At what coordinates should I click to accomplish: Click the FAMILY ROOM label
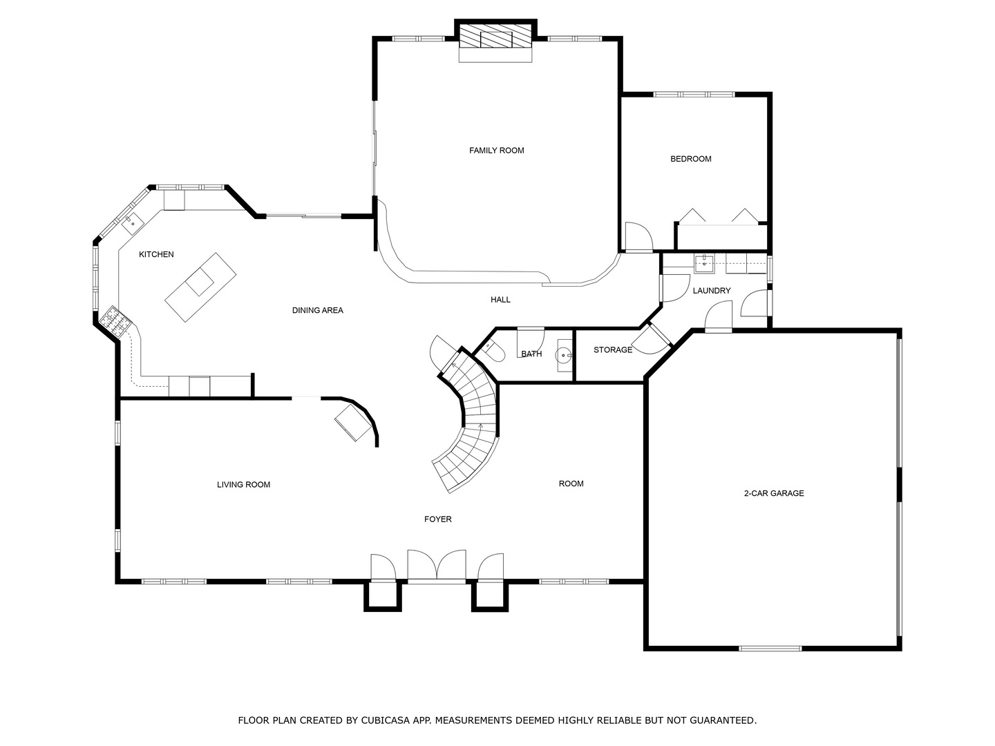coord(496,151)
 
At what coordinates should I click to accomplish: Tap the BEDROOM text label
coord(691,159)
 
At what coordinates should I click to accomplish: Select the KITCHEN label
coord(156,255)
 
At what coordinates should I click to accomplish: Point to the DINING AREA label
coord(317,310)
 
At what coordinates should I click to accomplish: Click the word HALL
coord(500,299)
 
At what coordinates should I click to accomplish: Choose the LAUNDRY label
coord(712,291)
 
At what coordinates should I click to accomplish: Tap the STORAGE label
coord(613,350)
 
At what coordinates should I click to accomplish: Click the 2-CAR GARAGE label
coord(774,493)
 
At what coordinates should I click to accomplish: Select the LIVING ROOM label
coord(243,485)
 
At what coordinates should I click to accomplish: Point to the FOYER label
coord(438,519)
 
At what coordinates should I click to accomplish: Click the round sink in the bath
coord(565,356)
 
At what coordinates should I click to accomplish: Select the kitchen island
coord(200,287)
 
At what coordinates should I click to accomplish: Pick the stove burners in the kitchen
coord(115,321)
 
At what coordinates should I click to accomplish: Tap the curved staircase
coord(471,421)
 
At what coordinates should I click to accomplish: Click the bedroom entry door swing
coord(638,236)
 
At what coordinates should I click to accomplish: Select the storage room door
coord(652,338)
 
